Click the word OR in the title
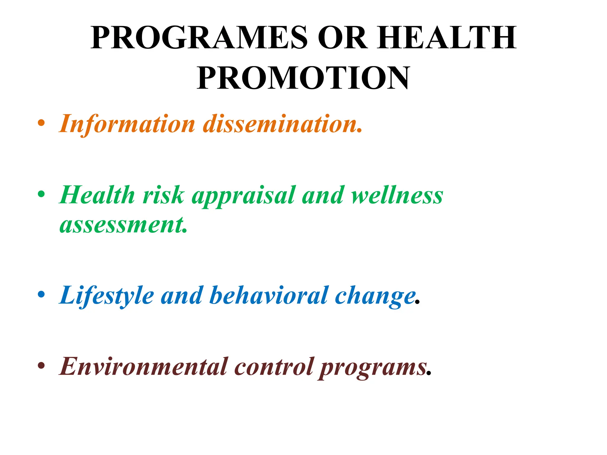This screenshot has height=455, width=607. [342, 38]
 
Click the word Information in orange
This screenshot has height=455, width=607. [127, 124]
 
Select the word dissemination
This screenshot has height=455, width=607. [282, 124]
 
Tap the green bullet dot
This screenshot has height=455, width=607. [41, 194]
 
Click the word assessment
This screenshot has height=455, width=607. [123, 225]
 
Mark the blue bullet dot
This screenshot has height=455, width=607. [41, 294]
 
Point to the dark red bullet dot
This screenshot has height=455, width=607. [41, 366]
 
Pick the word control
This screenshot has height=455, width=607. [274, 366]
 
